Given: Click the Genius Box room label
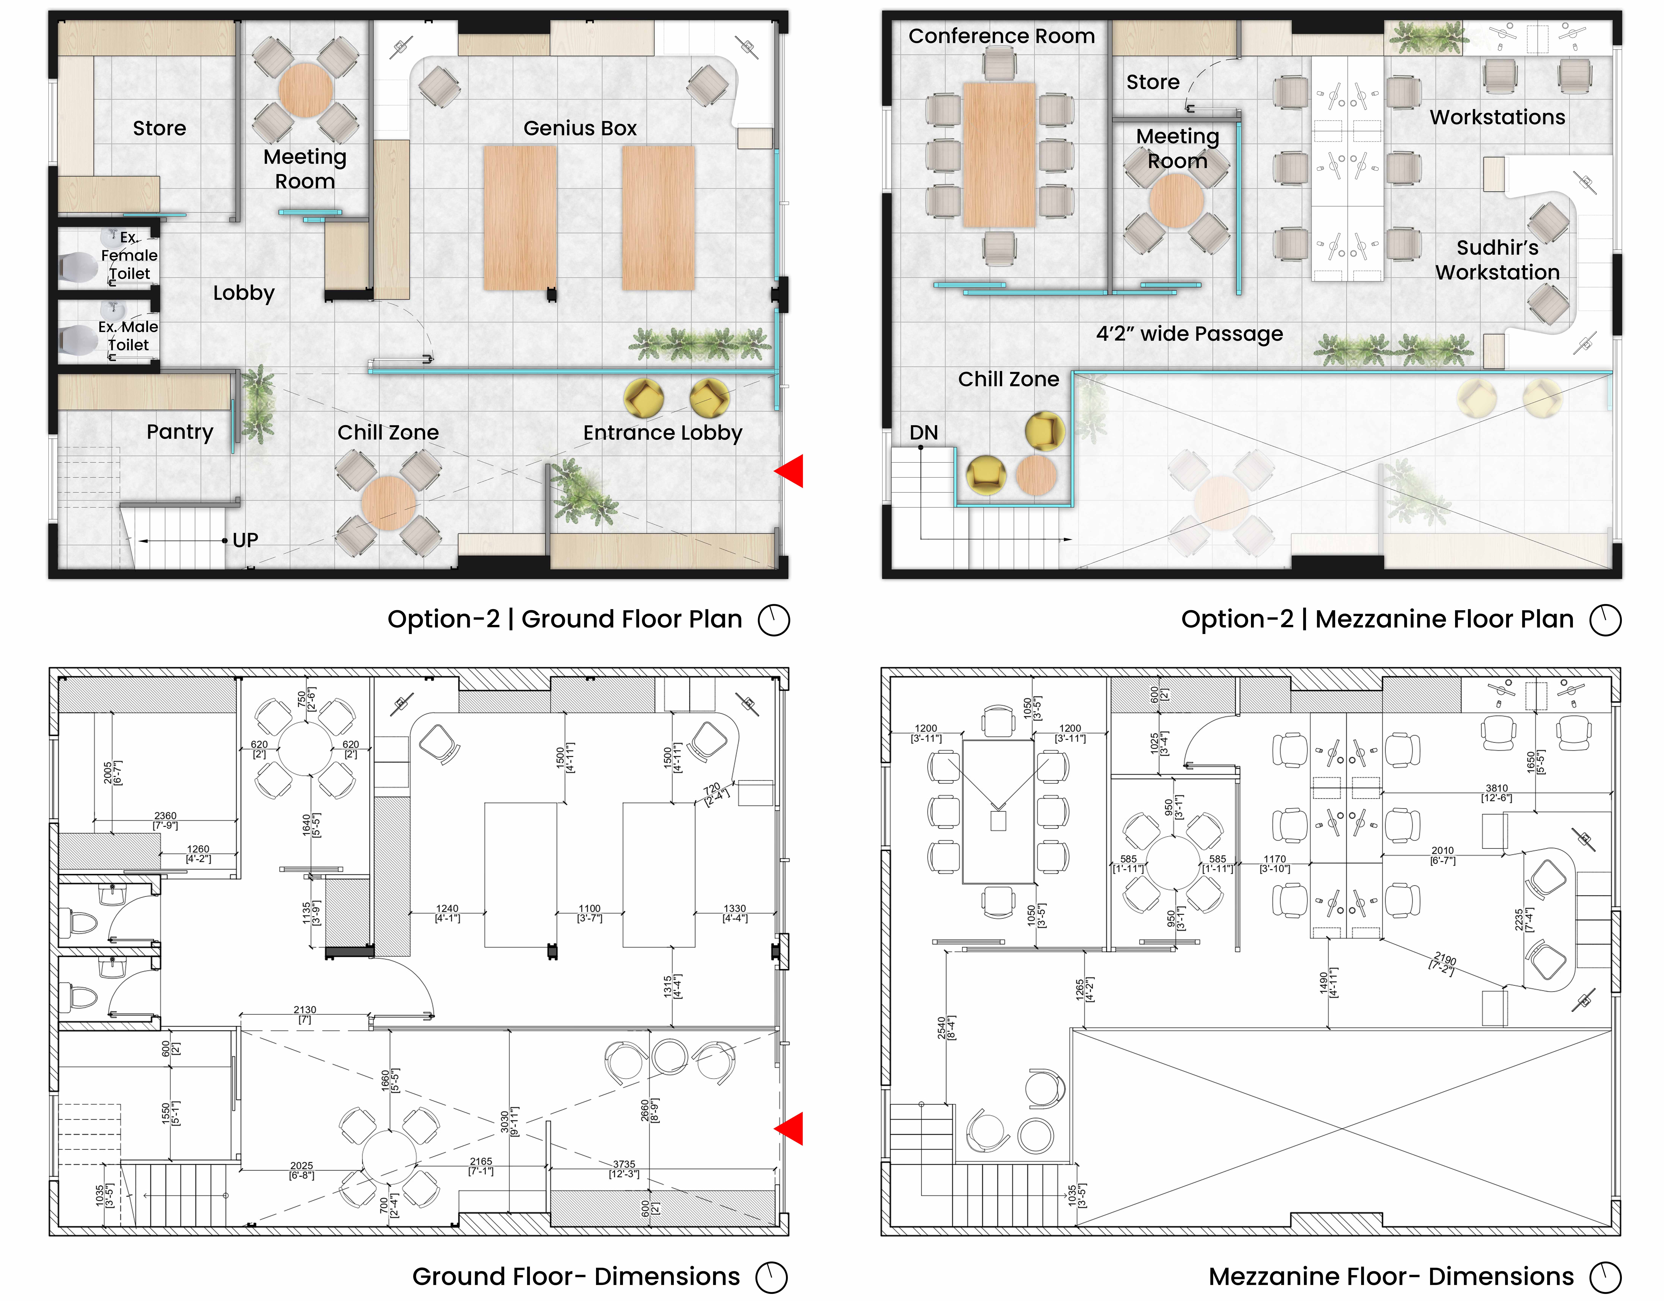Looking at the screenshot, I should pos(580,128).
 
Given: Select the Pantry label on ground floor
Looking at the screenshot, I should pos(180,432).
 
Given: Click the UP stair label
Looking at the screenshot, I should pos(245,540).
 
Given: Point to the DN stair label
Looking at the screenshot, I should pos(924,433).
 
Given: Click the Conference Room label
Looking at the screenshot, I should pos(1001,36).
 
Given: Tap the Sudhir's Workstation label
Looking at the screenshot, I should pos(1497,260).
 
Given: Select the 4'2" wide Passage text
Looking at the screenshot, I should pos(1189,334).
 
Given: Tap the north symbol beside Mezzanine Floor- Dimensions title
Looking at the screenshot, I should pos(1605,1277).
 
